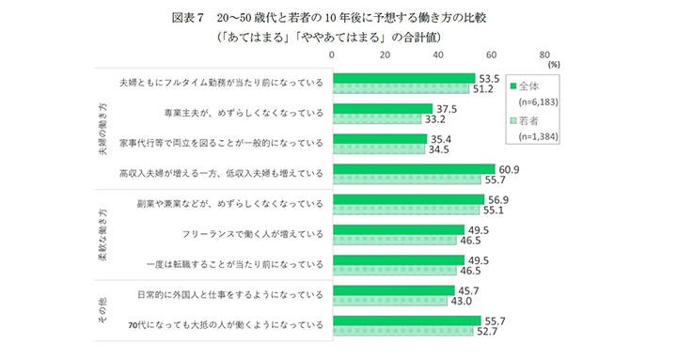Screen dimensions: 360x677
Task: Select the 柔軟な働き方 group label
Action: [x=102, y=232]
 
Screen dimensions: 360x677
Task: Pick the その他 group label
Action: [x=102, y=307]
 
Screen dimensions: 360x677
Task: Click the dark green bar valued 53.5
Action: [x=402, y=78]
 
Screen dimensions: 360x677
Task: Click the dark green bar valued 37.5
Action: [x=381, y=108]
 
